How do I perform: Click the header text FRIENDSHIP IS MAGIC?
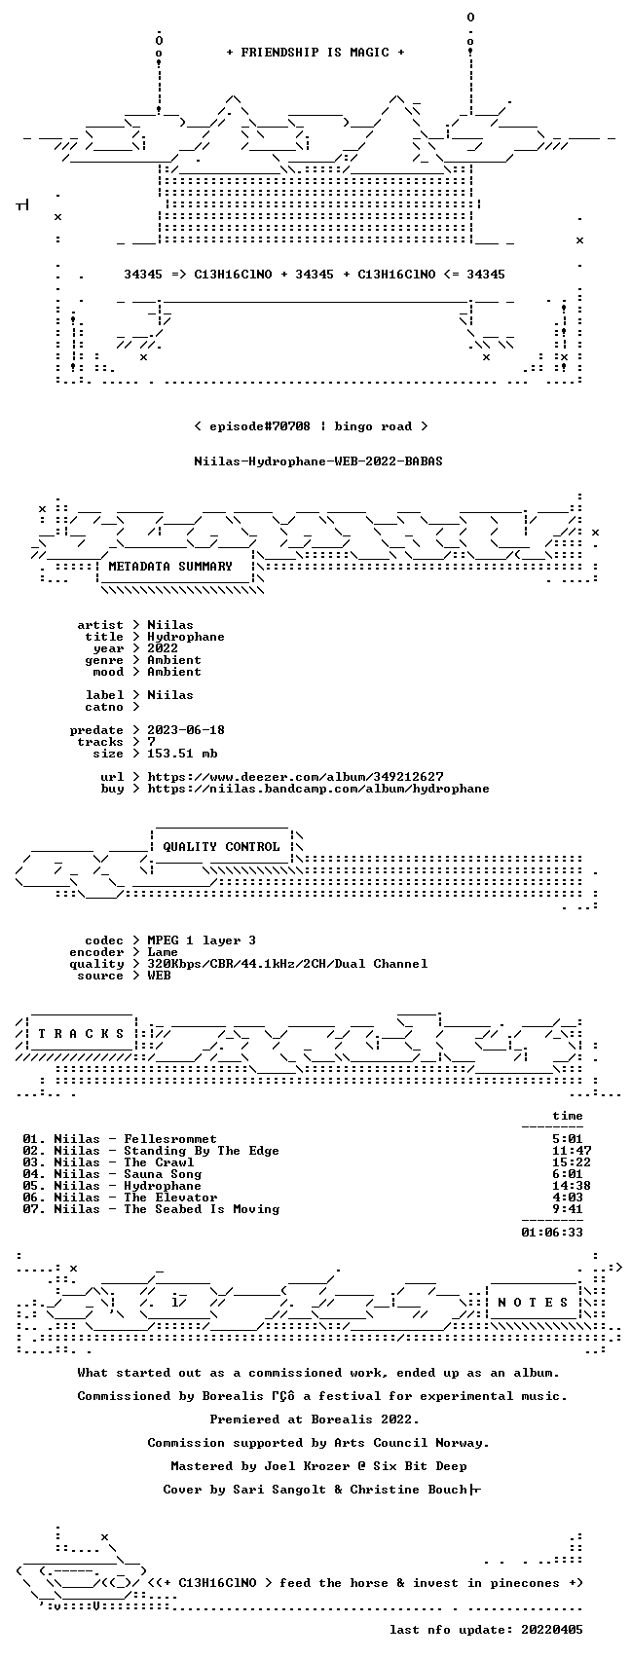tap(315, 53)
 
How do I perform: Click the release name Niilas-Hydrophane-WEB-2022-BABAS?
tap(318, 461)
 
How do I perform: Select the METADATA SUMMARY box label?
tap(170, 567)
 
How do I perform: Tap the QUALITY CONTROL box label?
tap(221, 846)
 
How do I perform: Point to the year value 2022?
tap(163, 648)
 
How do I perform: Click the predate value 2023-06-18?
tap(186, 730)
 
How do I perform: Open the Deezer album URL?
tap(295, 777)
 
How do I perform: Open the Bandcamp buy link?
tap(318, 789)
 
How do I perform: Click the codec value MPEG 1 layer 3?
tap(202, 940)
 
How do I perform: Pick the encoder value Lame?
tap(163, 952)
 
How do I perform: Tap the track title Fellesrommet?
tap(170, 1139)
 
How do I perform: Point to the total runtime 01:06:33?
tap(552, 1233)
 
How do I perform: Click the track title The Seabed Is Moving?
tap(202, 1209)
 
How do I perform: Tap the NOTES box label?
tap(533, 1302)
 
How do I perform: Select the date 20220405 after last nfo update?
tap(552, 1630)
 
